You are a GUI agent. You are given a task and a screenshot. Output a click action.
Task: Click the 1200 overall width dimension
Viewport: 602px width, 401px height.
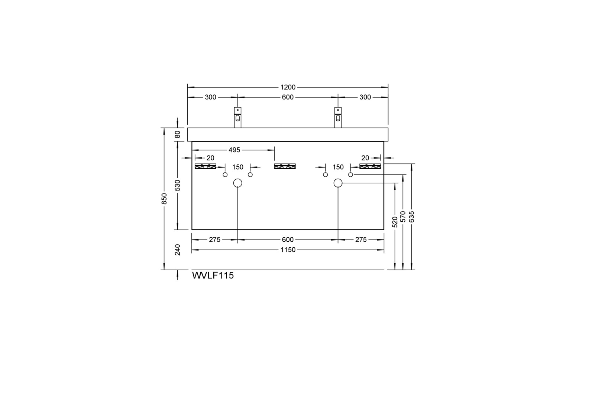click(288, 87)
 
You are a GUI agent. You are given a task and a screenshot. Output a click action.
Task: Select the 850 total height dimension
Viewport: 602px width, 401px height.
click(164, 199)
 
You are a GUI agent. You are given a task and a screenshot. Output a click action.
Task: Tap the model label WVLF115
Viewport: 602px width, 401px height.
click(213, 276)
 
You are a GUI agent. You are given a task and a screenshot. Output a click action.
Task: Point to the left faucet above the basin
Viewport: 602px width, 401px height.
click(237, 117)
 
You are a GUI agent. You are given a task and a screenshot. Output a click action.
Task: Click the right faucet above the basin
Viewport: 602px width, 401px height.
click(338, 117)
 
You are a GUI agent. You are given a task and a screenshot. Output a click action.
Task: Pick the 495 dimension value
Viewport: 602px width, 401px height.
click(234, 150)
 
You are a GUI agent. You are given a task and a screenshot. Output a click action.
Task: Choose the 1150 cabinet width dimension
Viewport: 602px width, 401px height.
click(288, 250)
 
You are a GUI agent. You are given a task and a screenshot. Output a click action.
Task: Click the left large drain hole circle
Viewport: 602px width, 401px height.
click(237, 183)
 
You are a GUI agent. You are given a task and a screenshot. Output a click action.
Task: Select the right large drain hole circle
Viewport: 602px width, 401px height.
click(338, 183)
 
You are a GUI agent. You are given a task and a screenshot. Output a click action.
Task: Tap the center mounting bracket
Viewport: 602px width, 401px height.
click(285, 166)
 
